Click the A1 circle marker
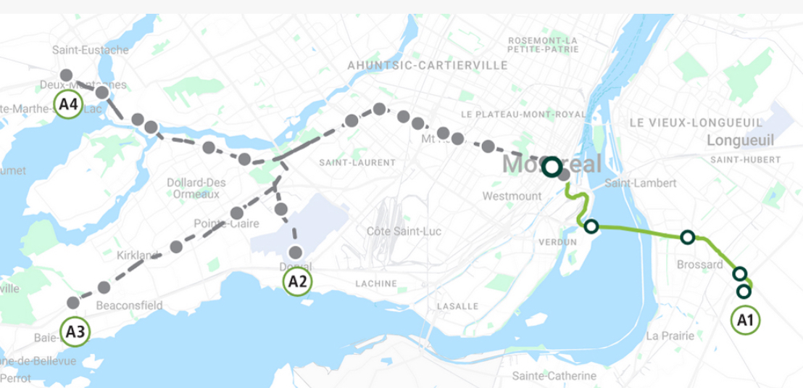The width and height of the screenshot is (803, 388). (745, 319)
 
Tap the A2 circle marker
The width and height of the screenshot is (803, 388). (297, 281)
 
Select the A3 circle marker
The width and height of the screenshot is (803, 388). (76, 332)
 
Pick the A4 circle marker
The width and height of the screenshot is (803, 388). (68, 104)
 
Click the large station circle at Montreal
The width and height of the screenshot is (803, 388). (552, 167)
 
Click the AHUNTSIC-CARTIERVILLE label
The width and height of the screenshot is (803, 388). (428, 65)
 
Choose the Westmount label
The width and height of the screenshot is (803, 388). (512, 196)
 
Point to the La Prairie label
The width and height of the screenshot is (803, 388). (670, 335)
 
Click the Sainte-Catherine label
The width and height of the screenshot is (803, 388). (554, 376)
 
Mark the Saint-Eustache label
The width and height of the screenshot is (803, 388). (91, 50)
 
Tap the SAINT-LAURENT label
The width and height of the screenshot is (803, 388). (347, 162)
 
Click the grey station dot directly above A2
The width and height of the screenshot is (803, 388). (296, 252)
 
